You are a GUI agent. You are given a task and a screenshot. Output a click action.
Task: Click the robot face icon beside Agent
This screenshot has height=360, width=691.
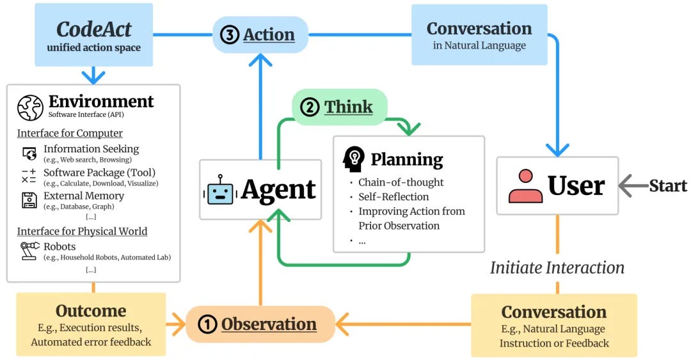coord(220,190)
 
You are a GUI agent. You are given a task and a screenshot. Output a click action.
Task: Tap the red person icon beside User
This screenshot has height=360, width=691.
coord(525,186)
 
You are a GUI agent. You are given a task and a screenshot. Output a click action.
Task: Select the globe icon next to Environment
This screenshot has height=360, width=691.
coord(30,107)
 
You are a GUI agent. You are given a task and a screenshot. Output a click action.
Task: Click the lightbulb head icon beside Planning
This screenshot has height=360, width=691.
coord(354,159)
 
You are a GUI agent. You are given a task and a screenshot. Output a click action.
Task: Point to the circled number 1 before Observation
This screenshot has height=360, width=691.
coord(207,325)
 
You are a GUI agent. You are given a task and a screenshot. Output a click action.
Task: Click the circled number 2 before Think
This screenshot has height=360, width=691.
coord(310,107)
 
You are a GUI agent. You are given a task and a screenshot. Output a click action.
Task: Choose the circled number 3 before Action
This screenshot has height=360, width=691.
coord(229,35)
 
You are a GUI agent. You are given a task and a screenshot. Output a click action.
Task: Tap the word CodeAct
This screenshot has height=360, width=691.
coord(93,29)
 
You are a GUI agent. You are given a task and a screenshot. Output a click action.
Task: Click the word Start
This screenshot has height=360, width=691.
coord(668,186)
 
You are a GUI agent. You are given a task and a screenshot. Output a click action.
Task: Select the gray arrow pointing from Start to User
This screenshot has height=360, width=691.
coord(633,186)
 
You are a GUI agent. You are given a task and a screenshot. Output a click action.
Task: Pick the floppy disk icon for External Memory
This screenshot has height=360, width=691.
coord(29,200)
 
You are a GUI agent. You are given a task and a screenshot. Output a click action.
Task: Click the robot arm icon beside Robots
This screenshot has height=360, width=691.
coord(29,250)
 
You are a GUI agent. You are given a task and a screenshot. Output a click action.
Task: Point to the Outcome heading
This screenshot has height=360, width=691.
coord(91,311)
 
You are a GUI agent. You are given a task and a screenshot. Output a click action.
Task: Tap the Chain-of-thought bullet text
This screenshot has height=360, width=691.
coord(401,182)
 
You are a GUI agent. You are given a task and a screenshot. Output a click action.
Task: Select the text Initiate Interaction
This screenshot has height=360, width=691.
coord(557,267)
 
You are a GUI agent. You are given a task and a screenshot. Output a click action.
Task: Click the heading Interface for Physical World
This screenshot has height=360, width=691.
coord(82,231)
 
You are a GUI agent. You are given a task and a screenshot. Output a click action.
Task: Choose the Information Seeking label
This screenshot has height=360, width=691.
coord(91,149)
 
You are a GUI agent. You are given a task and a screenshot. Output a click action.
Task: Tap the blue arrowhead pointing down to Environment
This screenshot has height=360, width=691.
coord(93,77)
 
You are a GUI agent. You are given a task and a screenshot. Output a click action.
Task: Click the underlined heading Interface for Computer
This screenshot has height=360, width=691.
coord(70,133)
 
